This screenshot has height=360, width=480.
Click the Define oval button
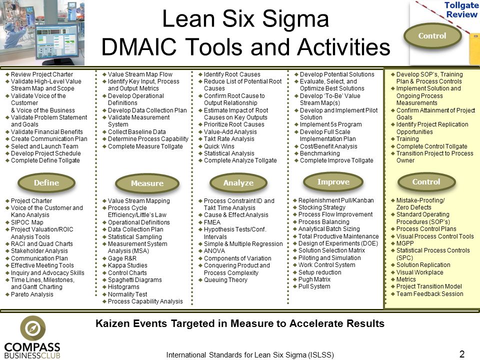pos(46,183)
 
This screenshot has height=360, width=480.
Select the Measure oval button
pos(147,183)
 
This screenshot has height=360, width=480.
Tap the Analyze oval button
pos(238,183)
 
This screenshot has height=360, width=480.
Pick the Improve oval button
pos(333,182)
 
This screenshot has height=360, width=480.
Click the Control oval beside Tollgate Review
pos(432,36)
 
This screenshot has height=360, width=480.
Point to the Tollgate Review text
pos(461,10)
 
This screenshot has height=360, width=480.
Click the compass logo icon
pos(33,328)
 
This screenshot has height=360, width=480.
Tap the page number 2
pos(462,354)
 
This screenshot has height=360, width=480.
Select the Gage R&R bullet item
pos(119,258)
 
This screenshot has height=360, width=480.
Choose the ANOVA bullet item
pos(212,251)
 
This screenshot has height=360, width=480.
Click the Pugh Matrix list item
pos(311,279)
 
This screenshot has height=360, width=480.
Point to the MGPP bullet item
pos(402,243)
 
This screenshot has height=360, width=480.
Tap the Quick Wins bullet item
pos(216,146)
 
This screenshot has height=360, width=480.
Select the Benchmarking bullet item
pos(317,153)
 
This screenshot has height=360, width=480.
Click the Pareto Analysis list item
pos(29,294)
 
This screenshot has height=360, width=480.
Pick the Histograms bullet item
pos(121,287)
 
